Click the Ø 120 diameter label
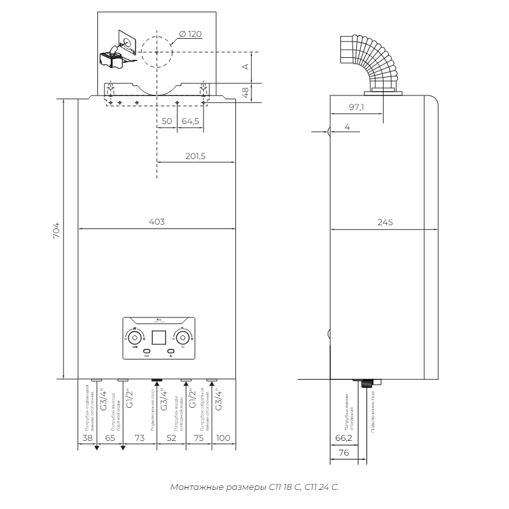(x=192, y=32)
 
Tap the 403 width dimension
(x=157, y=222)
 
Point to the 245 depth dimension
(x=384, y=222)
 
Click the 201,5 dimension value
(x=195, y=156)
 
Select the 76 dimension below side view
(x=344, y=453)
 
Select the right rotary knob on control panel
(x=182, y=337)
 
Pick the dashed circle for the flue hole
(x=157, y=52)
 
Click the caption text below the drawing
(x=254, y=487)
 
